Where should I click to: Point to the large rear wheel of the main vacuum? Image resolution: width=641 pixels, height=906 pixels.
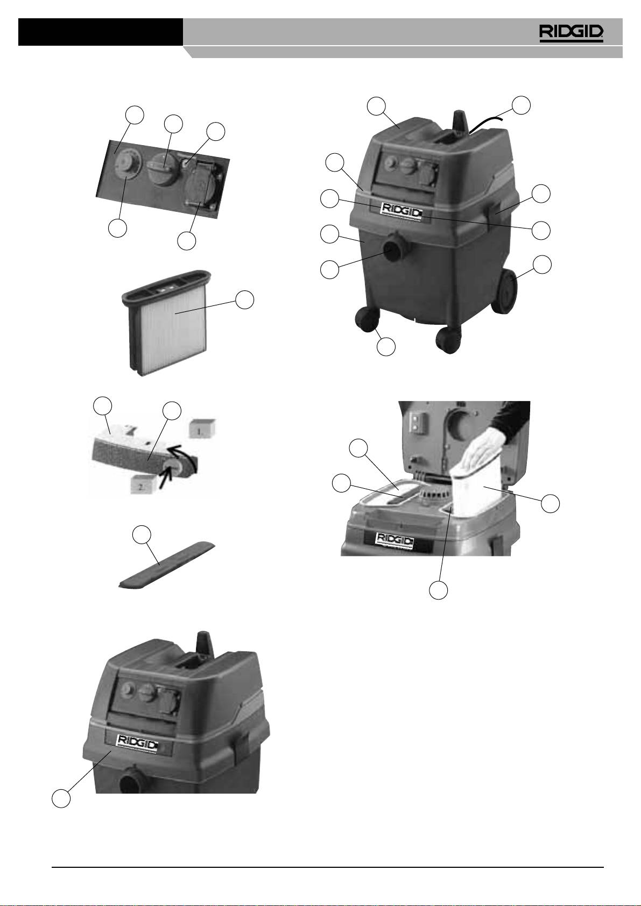click(x=506, y=291)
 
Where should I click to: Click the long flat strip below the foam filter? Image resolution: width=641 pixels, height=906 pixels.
click(x=166, y=565)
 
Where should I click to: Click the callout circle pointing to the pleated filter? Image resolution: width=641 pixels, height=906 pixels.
click(x=245, y=299)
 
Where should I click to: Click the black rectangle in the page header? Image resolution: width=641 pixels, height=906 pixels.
click(x=101, y=32)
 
